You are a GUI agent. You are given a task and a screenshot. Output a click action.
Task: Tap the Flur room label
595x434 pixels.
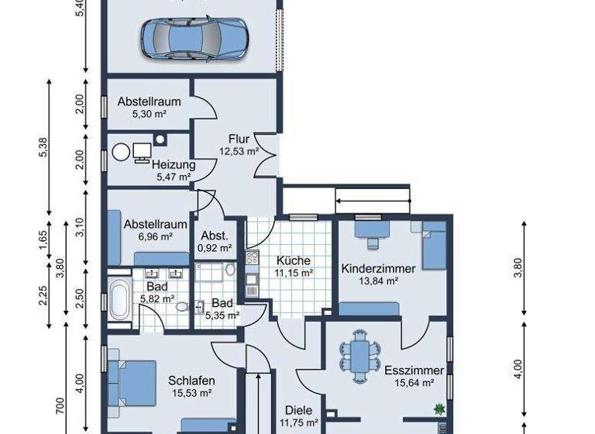[x=239, y=139]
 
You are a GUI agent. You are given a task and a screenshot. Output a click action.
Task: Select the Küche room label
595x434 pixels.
[x=293, y=260]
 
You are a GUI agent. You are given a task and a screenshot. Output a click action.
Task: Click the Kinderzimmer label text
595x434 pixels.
[x=378, y=268]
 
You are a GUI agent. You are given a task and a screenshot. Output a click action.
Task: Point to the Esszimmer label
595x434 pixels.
[x=408, y=370]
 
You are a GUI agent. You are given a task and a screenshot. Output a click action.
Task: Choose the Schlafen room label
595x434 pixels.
[x=191, y=381]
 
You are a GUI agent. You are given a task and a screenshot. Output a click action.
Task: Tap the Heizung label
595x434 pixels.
[x=174, y=164]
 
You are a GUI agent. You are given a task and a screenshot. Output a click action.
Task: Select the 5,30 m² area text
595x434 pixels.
[x=150, y=114]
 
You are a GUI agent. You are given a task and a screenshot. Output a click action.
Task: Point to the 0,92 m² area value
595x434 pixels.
[x=215, y=249]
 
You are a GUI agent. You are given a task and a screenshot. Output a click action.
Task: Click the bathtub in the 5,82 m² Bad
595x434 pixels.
[x=119, y=299]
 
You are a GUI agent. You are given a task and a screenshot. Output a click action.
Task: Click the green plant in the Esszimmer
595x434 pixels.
[x=440, y=408]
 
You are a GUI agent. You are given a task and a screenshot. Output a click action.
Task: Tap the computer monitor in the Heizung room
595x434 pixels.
[x=142, y=152]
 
